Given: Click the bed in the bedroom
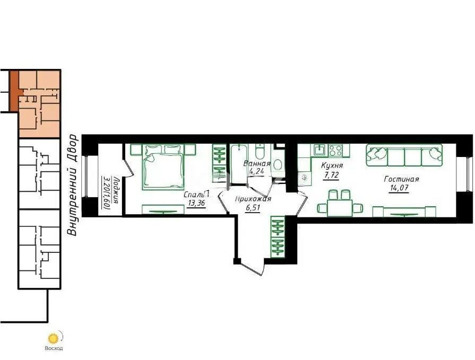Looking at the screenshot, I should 163,168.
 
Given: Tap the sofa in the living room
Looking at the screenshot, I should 404,156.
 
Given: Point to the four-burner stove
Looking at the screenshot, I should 335,151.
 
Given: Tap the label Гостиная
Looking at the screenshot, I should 402,179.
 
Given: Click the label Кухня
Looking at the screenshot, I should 332,165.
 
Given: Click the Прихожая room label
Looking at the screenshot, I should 254,199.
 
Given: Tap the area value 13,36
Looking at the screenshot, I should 196,203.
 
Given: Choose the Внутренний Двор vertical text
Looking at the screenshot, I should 73,185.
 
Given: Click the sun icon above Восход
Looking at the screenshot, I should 53,337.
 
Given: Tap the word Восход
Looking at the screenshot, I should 54,348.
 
